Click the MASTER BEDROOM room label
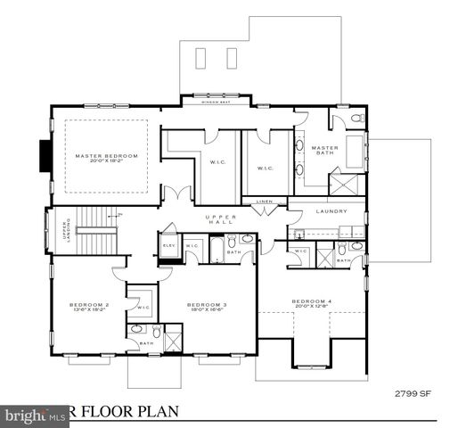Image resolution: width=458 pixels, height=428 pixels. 106,157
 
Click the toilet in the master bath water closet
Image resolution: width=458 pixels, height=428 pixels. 352,118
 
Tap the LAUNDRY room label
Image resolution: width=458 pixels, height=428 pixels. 331,211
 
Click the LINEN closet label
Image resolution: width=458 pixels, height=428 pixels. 264,202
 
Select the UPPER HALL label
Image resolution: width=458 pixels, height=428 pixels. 218,221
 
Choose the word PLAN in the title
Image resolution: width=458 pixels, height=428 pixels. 159,412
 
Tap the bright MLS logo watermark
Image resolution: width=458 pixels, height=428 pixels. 27,416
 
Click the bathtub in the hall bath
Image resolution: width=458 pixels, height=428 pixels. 216,246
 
